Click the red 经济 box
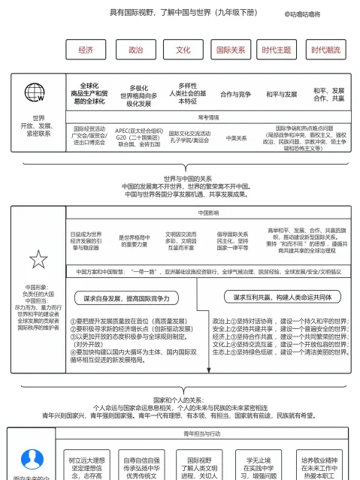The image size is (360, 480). [86, 50]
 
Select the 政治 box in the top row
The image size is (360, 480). [135, 50]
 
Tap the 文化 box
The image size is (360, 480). [183, 50]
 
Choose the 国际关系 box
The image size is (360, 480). [231, 50]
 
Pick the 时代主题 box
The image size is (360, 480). [277, 50]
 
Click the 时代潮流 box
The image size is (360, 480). [325, 50]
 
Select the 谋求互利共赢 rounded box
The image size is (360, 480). [283, 297]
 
